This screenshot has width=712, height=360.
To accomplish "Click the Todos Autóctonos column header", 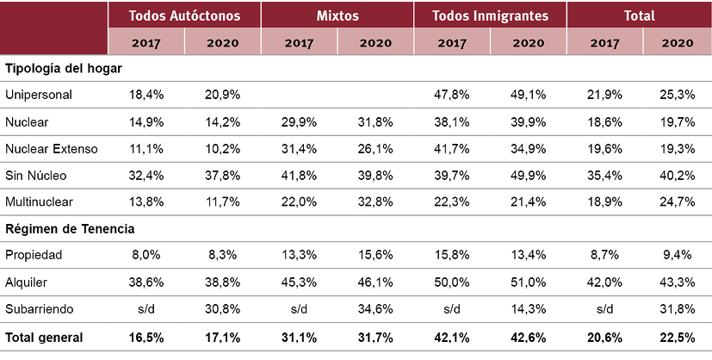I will coord(184,16).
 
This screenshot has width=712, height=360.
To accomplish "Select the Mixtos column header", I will coord(337,16).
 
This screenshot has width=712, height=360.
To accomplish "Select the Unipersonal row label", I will coord(38,94).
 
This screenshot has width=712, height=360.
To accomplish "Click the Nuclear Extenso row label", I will coord(52,148).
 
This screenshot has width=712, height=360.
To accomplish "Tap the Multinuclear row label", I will coord(39,202).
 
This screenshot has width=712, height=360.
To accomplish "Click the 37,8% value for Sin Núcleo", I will coord(222,176).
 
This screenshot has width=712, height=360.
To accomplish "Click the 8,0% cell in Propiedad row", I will coord(145,256).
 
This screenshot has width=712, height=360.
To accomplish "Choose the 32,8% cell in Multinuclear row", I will coord(375,202).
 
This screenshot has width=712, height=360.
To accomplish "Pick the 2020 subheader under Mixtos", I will coord(375,41).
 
